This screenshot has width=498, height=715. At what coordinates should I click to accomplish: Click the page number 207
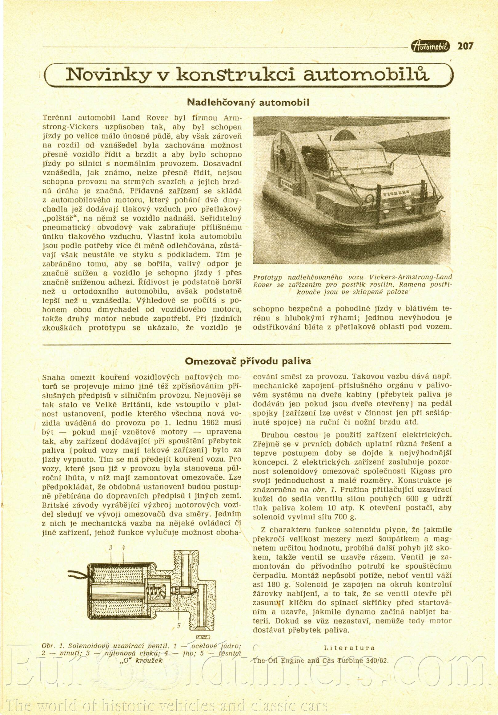pos(465,46)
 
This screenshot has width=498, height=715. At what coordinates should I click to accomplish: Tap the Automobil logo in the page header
pos(431,47)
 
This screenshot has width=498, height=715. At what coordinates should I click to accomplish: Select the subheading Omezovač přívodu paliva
pos(248,361)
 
